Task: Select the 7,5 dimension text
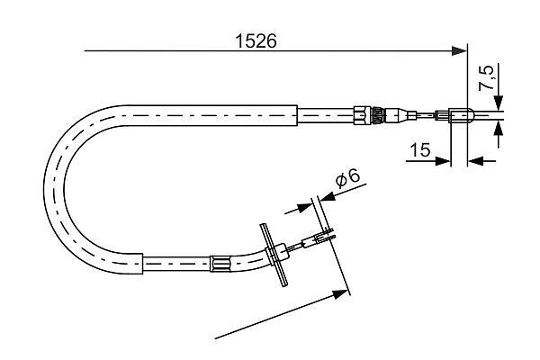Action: pyautogui.click(x=486, y=77)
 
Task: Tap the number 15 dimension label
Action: pyautogui.click(x=418, y=149)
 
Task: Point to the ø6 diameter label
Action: pyautogui.click(x=346, y=179)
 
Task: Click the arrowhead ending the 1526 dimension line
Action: pyautogui.click(x=459, y=51)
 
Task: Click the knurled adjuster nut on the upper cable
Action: pyautogui.click(x=364, y=114)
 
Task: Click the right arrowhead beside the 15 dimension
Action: pyautogui.click(x=477, y=161)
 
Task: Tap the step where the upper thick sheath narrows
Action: pyautogui.click(x=297, y=114)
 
